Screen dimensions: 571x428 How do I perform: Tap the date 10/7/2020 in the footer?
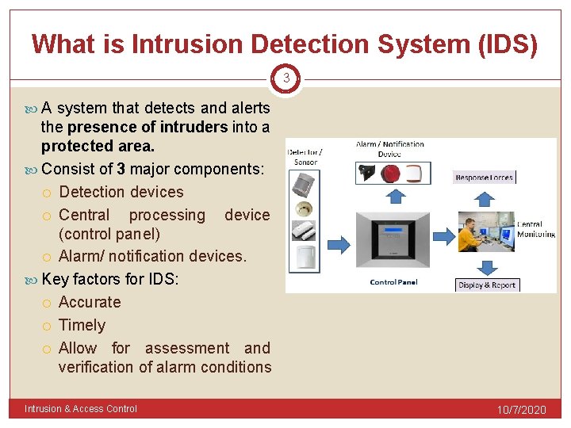(x=521, y=410)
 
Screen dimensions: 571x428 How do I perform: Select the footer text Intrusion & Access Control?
(x=81, y=409)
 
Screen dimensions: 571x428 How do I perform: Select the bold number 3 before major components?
(x=121, y=169)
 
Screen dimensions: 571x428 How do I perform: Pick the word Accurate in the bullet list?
(x=90, y=302)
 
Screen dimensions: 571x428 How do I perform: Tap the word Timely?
(x=82, y=325)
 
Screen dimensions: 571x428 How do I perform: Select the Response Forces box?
(x=485, y=178)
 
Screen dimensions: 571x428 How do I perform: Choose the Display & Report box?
(x=487, y=285)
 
